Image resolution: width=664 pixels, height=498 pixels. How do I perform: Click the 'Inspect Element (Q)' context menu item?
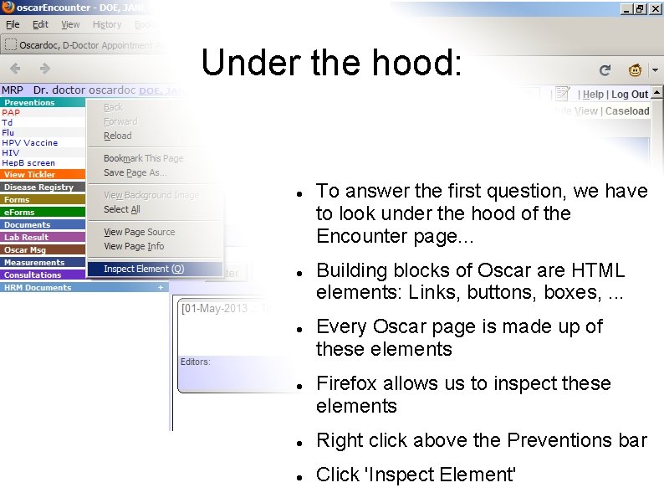[143, 269]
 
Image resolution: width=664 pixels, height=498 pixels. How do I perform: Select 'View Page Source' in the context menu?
[139, 232]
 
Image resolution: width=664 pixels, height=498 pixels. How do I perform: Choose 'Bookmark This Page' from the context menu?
[143, 158]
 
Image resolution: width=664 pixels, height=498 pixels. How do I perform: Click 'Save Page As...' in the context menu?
[135, 172]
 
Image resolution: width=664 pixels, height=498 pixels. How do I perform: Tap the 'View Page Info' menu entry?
[134, 246]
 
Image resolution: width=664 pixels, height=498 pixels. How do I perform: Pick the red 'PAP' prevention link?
[11, 112]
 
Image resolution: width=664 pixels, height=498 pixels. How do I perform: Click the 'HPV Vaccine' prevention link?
[29, 143]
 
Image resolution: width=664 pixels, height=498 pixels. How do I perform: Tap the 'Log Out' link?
[630, 95]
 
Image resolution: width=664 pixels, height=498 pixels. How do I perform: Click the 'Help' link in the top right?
[593, 95]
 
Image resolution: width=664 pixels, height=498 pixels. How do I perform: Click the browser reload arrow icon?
[605, 70]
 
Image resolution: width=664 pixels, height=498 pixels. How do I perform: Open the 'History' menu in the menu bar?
[107, 25]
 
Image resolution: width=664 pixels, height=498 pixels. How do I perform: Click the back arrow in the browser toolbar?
[16, 69]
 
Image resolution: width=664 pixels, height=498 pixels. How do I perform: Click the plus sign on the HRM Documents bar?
[160, 287]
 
